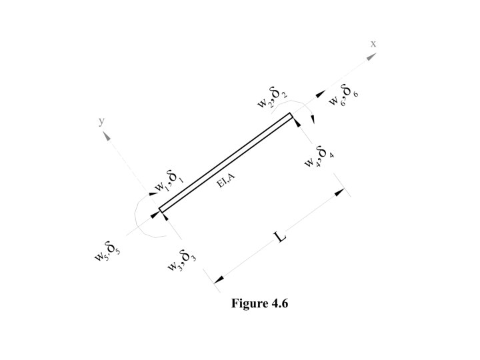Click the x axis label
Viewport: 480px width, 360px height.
point(373,43)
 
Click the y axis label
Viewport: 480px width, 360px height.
point(101,122)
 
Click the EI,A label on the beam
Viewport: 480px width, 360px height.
point(226,181)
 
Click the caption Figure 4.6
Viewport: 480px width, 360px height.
point(260,303)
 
